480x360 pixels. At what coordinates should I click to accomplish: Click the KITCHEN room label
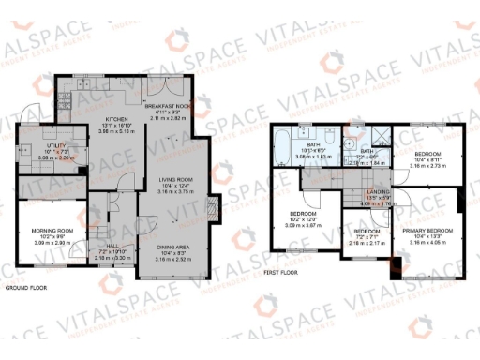pyautogui.click(x=116, y=119)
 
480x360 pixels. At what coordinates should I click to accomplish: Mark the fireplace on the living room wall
pyautogui.click(x=214, y=205)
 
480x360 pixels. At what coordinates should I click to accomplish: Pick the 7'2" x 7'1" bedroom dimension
pyautogui.click(x=367, y=236)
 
